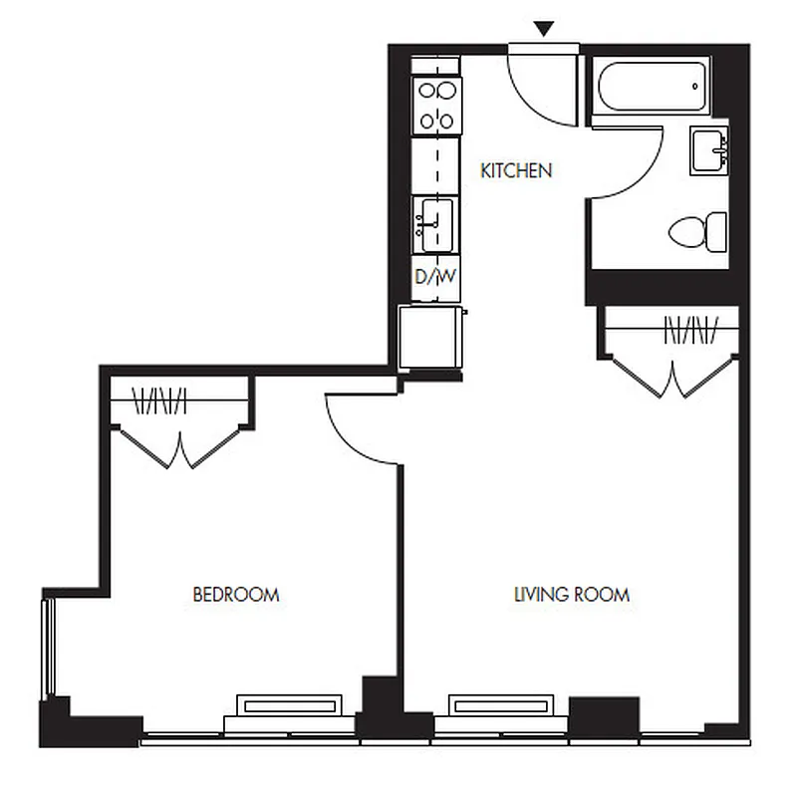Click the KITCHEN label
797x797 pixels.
(x=516, y=170)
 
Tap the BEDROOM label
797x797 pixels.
(x=235, y=595)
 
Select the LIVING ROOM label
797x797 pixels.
(x=571, y=595)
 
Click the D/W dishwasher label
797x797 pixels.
(x=435, y=276)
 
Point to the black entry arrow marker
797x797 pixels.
(x=543, y=30)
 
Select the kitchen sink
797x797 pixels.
(x=434, y=224)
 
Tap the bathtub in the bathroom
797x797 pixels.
(x=651, y=89)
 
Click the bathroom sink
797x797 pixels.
(x=709, y=151)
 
